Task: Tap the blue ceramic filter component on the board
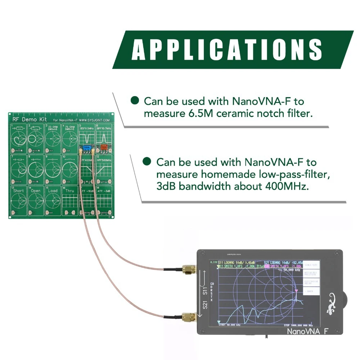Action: [86, 147]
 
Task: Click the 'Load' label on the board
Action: [53, 191]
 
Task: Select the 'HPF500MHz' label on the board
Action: [104, 160]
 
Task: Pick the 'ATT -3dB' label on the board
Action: [104, 191]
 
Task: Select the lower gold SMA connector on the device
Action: [188, 317]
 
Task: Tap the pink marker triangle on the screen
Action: [296, 290]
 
